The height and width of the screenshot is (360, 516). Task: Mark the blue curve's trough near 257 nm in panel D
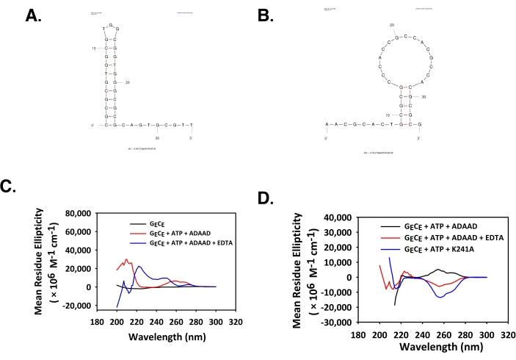(440, 297)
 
